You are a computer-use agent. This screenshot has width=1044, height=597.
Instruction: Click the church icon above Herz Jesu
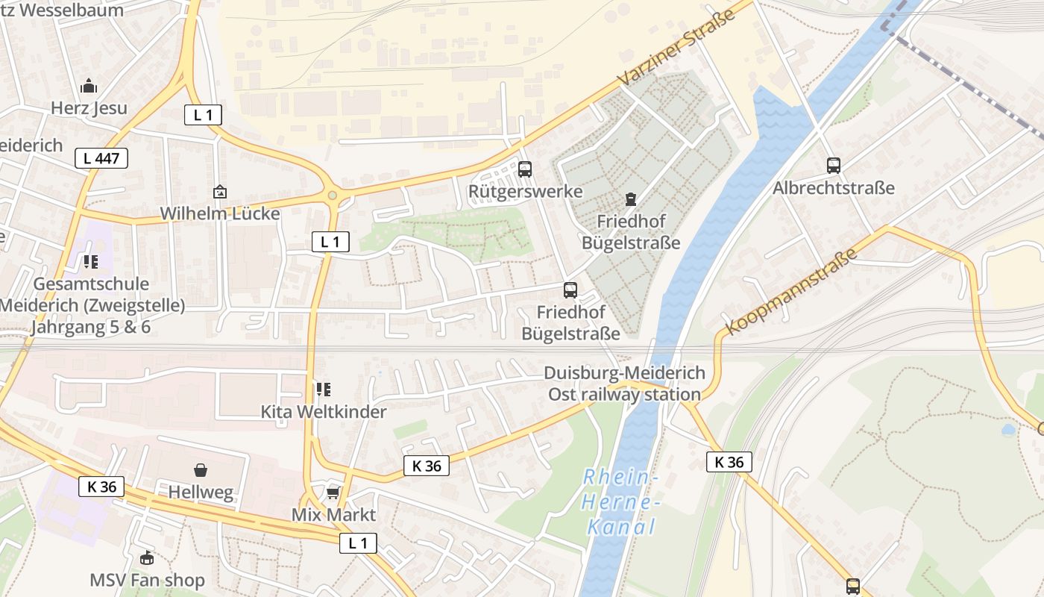pos(89,86)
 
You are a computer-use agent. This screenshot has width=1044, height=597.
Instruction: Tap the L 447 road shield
pos(101,158)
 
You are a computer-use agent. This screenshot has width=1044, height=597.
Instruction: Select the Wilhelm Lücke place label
pos(220,213)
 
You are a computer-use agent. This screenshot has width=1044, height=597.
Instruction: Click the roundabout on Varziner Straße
pos(333,196)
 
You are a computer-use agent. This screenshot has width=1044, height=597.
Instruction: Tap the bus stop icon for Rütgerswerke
pos(525,169)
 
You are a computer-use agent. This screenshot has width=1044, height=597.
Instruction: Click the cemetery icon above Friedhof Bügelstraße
pos(631,199)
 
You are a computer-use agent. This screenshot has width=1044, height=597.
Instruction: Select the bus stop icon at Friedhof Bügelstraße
pos(570,290)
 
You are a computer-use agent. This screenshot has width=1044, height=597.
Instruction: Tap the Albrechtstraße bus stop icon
pos(833,166)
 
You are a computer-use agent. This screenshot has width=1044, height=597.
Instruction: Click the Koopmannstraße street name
pos(791,292)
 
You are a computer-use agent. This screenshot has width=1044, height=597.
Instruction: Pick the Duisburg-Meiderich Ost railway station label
pos(624,384)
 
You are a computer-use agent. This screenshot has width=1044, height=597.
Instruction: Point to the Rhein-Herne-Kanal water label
pos(620,502)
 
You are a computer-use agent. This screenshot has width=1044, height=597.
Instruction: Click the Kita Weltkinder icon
pos(323,390)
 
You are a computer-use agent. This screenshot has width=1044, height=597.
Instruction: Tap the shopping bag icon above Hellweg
pos(200,470)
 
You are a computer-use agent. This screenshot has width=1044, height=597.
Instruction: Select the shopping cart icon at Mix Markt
pos(333,493)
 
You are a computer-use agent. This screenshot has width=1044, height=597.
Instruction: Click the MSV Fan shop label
pos(147,580)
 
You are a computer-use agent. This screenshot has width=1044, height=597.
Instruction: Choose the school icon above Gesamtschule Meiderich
pos(91,262)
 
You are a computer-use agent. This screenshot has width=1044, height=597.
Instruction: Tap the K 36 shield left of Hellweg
pos(101,487)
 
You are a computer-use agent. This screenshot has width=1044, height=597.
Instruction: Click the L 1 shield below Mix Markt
pos(358,543)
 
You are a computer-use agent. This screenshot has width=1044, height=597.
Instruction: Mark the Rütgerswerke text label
pos(525,191)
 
